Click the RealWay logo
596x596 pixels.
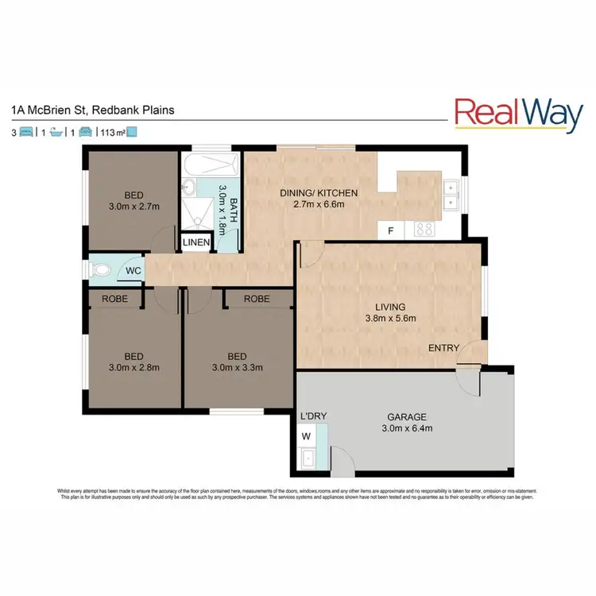518,114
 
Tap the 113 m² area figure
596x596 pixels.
114,133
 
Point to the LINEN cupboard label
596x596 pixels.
196,242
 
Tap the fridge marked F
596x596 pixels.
390,231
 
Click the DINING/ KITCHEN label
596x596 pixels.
319,193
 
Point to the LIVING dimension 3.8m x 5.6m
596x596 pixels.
390,319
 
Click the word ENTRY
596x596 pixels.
443,348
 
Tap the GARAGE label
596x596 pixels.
407,416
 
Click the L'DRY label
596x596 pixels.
309,416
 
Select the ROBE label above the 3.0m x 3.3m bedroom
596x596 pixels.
256,299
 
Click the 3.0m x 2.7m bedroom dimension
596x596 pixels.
133,207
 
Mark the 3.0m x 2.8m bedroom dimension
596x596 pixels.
133,368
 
